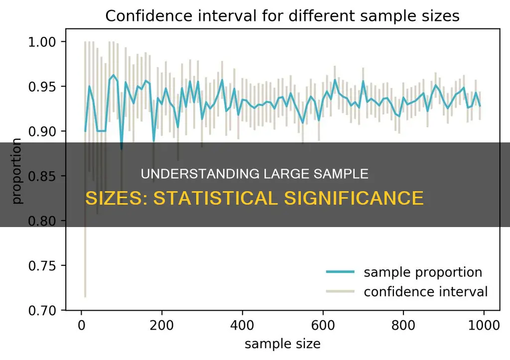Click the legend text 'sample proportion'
(x=423, y=272)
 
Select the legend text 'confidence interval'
(x=426, y=291)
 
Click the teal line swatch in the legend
(x=340, y=272)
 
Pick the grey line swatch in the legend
(x=340, y=291)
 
